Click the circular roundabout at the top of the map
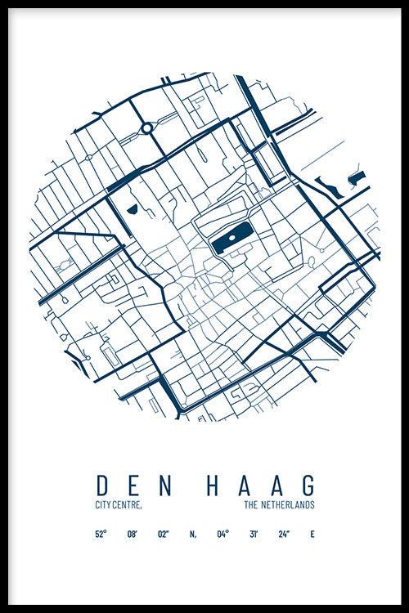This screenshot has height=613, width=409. point(146,128)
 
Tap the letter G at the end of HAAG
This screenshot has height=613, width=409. point(306,484)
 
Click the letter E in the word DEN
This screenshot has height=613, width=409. point(134,484)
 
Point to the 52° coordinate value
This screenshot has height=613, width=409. point(100,535)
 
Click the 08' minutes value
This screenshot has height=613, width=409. point(132,535)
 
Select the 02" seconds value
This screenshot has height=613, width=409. point(164,535)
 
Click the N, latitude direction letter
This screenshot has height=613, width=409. point(193,535)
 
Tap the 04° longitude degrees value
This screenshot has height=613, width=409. point(222,535)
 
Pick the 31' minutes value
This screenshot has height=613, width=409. point(254,535)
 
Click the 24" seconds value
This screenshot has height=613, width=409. point(284,535)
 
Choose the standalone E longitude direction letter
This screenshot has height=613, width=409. point(312,535)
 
